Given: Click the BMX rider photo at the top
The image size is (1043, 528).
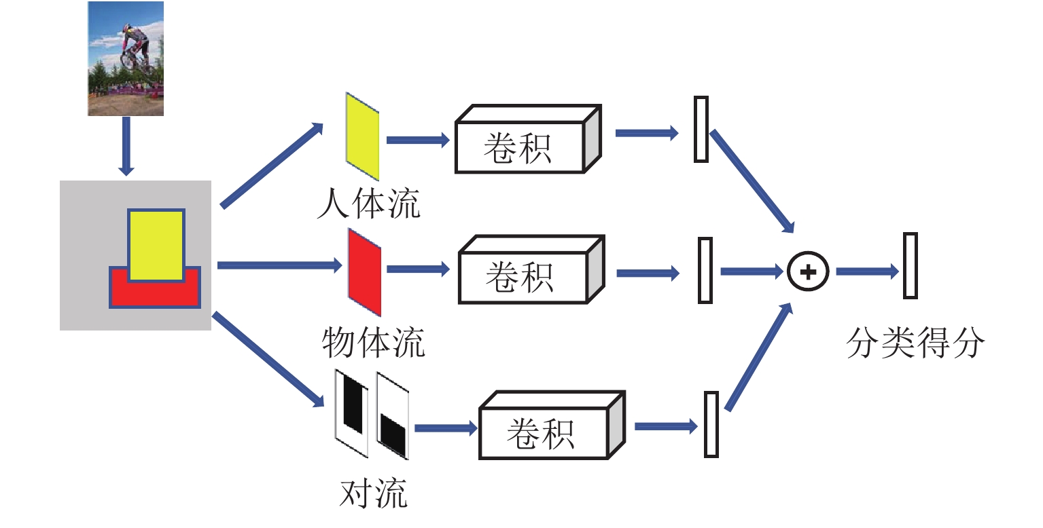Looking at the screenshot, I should pos(126,58).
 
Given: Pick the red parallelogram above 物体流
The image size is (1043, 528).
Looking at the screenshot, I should pos(364,272).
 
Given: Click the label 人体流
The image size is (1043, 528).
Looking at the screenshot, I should pos(368,204).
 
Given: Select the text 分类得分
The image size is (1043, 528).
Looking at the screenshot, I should pos(915,343).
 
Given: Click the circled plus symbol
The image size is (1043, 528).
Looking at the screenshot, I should pos(808,271).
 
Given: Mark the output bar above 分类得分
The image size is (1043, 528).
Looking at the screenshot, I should pos(911,265).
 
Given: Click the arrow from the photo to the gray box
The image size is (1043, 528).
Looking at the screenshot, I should pos(125,145).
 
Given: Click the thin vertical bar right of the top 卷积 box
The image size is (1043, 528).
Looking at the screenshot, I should pos(701,129).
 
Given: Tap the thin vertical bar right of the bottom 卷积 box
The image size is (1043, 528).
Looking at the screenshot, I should pos(711,424).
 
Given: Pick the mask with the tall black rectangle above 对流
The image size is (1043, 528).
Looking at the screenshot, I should pos(352,412).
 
